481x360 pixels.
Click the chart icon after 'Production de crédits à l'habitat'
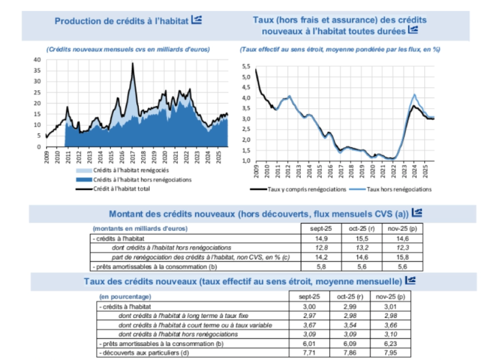pyautogui.click(x=197, y=20)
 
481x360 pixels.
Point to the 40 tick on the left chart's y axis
pyautogui.click(x=36, y=59)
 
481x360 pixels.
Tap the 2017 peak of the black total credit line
pyautogui.click(x=133, y=63)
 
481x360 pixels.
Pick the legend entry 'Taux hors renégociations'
pyautogui.click(x=399, y=189)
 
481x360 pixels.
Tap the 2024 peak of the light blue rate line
pyautogui.click(x=415, y=94)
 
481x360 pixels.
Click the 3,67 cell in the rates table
pyautogui.click(x=309, y=325)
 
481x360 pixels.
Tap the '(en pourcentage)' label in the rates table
pyautogui.click(x=125, y=297)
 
